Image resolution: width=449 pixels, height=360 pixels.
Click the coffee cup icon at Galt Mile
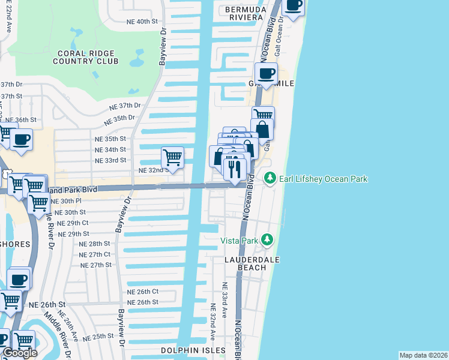tap(266, 74)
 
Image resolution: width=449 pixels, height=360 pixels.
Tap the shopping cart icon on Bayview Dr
tap(172, 158)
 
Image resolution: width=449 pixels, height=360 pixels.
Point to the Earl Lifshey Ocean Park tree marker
tap(270, 179)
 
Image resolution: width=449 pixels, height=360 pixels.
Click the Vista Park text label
tap(241, 241)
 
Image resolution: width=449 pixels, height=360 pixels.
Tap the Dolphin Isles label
tap(193, 350)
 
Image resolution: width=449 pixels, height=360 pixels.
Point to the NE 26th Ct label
tap(142, 292)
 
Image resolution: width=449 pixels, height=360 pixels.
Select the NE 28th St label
tap(95, 244)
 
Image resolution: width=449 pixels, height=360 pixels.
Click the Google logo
tap(20, 353)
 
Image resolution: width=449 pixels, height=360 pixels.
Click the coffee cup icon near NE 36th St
tap(22, 140)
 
